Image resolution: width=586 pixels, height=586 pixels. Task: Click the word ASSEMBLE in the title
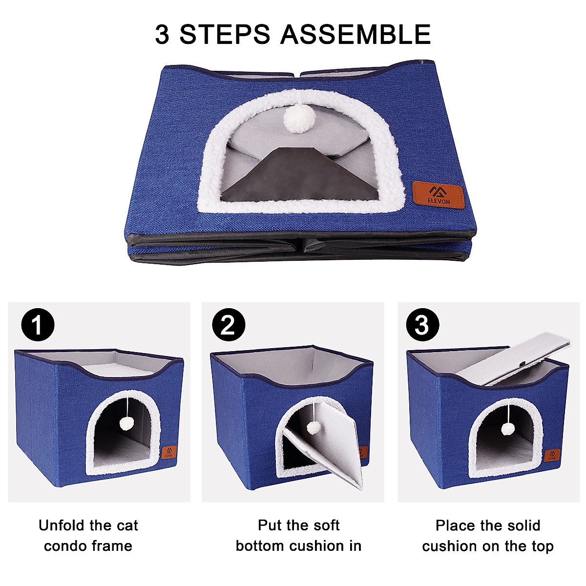356,34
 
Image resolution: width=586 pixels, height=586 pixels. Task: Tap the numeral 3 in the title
163,34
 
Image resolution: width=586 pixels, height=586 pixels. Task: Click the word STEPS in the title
225,34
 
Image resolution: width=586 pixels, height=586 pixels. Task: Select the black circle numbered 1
38,325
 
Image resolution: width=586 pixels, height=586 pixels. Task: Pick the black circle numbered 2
228,325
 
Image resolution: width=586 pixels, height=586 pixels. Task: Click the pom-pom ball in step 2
311,428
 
